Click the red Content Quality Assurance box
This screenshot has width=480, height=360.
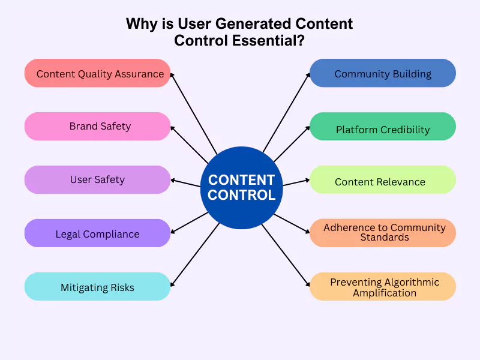click(98, 73)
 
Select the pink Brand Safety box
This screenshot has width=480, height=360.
click(98, 127)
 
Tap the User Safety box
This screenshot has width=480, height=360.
click(98, 179)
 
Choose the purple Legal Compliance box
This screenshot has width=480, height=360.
click(98, 233)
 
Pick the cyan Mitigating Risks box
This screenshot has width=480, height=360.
click(98, 287)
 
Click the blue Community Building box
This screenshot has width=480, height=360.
click(383, 73)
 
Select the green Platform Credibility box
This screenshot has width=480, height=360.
click(383, 127)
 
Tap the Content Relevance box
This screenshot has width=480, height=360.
click(383, 180)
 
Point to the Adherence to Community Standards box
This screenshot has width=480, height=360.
click(383, 233)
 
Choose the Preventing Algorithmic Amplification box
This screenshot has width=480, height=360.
click(383, 287)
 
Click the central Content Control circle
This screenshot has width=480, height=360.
click(241, 187)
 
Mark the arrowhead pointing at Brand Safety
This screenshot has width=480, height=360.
click(173, 127)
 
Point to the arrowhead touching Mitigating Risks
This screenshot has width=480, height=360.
click(173, 284)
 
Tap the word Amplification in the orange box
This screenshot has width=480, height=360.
click(385, 293)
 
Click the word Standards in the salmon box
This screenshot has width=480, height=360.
click(385, 238)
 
